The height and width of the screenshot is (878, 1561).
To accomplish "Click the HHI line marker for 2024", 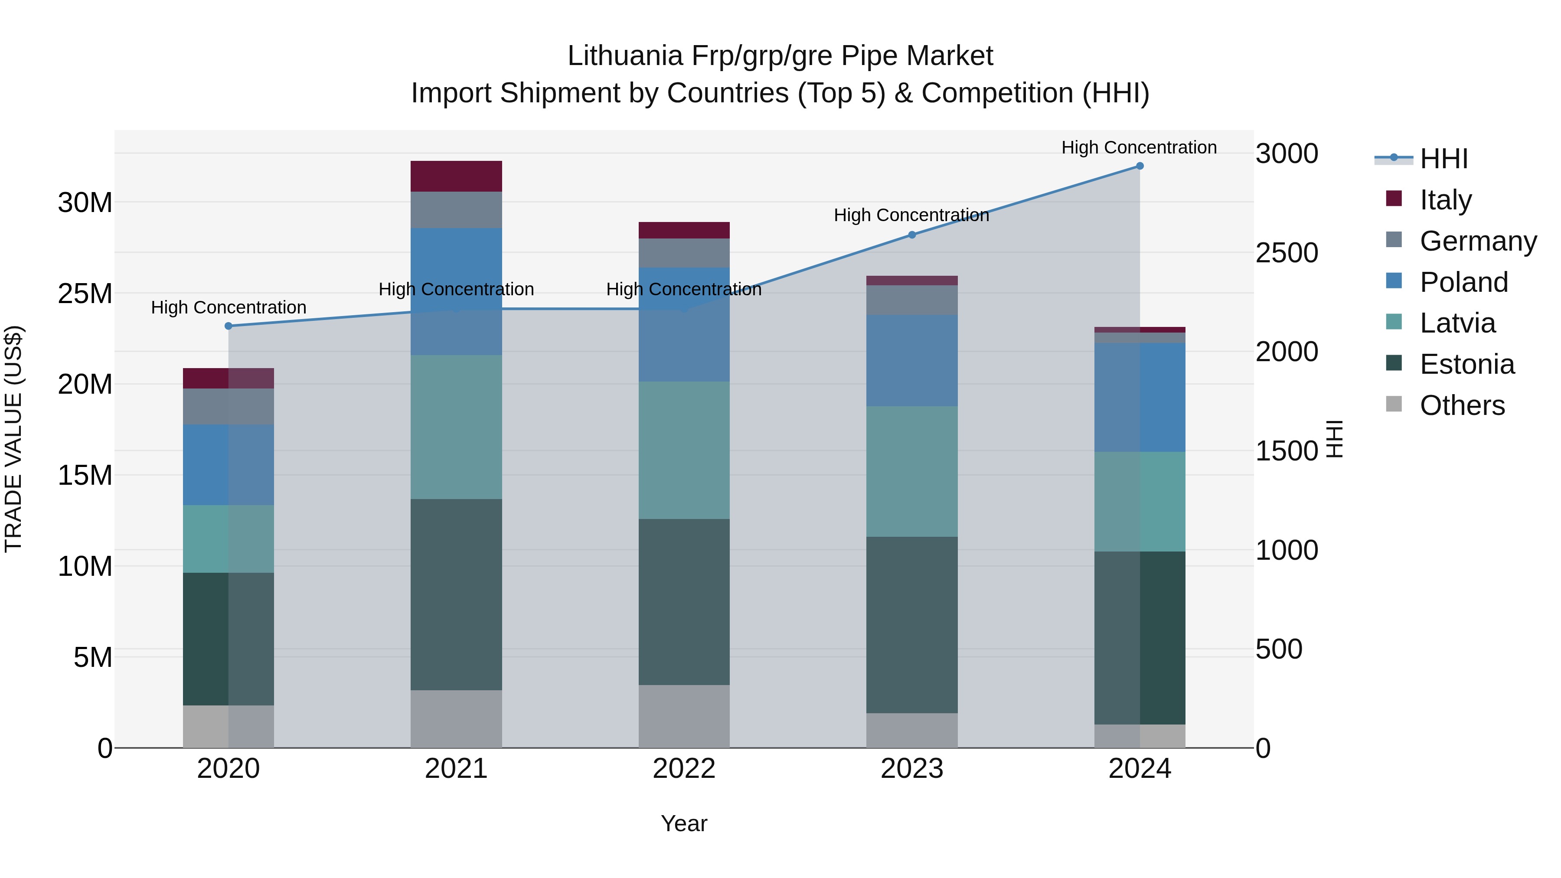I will point(1139,166).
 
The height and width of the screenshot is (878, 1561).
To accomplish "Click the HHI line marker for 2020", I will point(229,326).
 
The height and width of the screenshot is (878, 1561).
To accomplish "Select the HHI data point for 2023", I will point(912,235).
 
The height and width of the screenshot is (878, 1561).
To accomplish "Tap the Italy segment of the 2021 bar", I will point(456,176).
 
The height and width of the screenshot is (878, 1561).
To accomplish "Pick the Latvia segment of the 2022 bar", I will point(684,450).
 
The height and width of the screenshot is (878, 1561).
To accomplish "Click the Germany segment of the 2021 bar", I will point(456,210).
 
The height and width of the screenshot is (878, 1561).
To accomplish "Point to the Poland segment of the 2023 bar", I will point(912,361).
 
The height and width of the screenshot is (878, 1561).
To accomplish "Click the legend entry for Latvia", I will point(1457,323).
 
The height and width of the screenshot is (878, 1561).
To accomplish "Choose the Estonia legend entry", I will point(1466,364).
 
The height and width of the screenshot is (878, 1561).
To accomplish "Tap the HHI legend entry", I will point(1443,159).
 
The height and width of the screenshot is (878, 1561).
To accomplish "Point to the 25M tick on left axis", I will point(85,294).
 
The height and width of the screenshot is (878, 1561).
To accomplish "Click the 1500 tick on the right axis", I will point(1287,451).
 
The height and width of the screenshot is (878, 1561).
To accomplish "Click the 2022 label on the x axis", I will point(684,769).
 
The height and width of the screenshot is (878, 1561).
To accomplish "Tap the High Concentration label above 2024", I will point(1139,147).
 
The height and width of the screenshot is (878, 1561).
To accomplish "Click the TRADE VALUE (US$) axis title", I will point(13,439).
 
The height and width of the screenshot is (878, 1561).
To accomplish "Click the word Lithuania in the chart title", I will point(625,56).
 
